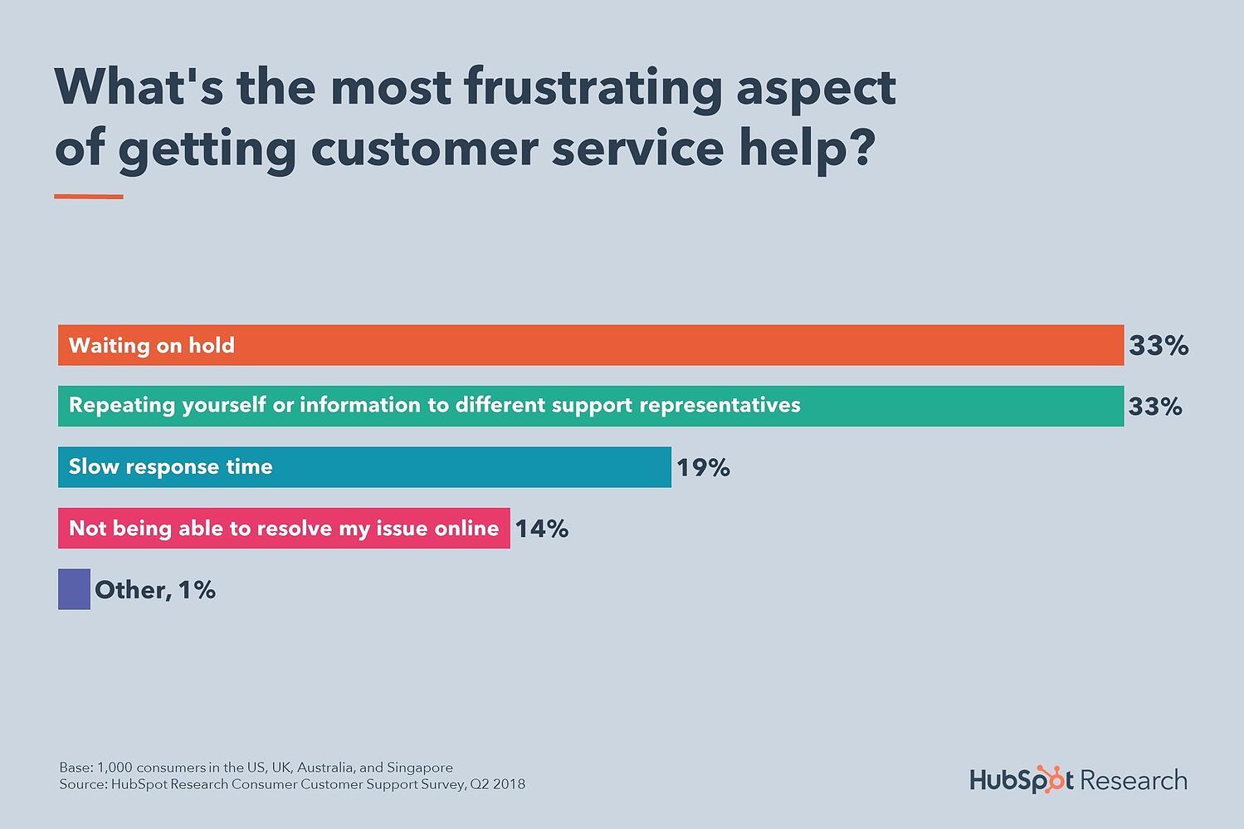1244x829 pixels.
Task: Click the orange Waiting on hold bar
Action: [590, 345]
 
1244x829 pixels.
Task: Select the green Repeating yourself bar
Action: [590, 406]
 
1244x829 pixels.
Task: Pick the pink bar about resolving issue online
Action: [283, 529]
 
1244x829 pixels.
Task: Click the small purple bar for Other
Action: [74, 590]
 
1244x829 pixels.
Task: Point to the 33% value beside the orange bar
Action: [1159, 346]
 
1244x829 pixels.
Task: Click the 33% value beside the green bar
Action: [1155, 407]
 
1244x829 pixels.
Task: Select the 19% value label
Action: [703, 468]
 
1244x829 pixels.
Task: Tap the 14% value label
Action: [542, 529]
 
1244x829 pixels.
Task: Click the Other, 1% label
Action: [155, 590]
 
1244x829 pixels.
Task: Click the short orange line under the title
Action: [89, 197]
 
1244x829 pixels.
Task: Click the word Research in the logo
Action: [1134, 781]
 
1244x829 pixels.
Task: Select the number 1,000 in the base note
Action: [115, 768]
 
